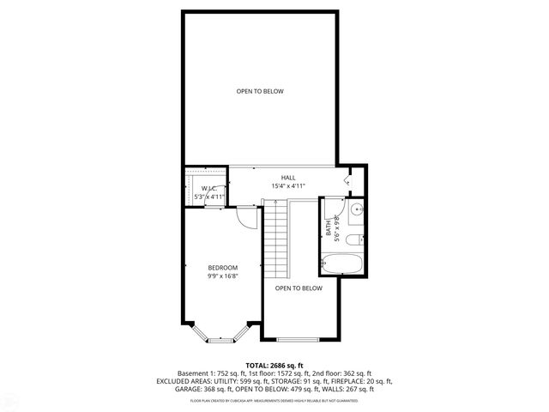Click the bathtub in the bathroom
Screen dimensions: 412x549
(x=344, y=262)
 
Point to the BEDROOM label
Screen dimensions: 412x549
(x=222, y=268)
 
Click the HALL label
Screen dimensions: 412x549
(x=288, y=177)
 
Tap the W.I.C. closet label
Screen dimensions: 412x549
(x=209, y=188)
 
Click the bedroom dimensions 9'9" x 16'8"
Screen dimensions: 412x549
(x=222, y=276)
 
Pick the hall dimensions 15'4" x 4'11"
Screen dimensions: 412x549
(x=288, y=185)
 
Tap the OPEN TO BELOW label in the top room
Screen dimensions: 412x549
(x=260, y=91)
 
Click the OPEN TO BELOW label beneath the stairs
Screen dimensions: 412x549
(x=299, y=288)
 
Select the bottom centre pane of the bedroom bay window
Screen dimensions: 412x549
(x=220, y=340)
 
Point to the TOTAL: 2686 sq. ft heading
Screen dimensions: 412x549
(x=274, y=365)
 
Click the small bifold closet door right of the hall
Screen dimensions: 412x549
(x=348, y=180)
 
